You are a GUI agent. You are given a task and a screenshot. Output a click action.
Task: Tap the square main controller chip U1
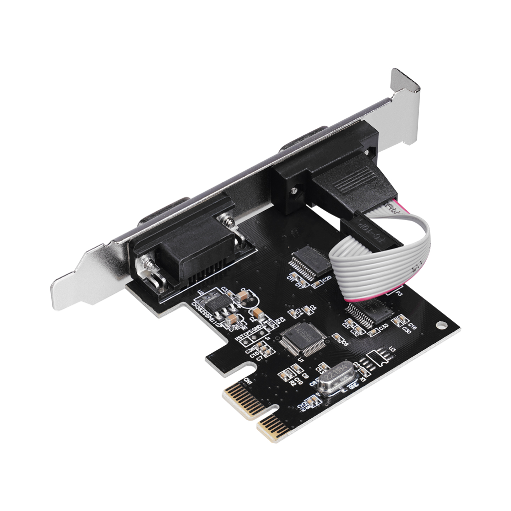(x=302, y=337)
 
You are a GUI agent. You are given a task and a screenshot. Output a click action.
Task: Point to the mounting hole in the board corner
(x=440, y=325)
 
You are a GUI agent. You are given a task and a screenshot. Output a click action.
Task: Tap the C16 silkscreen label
(x=412, y=324)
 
